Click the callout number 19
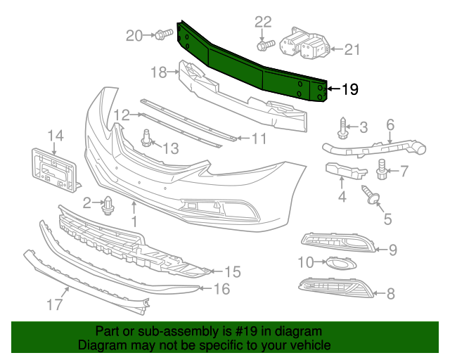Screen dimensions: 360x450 tap(349, 89)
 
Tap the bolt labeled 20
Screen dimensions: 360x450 tap(161, 34)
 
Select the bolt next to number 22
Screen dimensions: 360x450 tap(265, 46)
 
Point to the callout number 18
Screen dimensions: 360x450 tap(157, 72)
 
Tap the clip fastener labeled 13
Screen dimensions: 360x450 tap(148, 138)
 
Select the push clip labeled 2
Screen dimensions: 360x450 tap(108, 205)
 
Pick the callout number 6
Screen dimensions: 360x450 tap(390, 125)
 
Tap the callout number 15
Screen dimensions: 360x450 tap(232, 271)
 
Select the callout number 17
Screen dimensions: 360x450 tap(55, 304)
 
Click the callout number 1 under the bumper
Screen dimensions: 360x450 tap(134, 221)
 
